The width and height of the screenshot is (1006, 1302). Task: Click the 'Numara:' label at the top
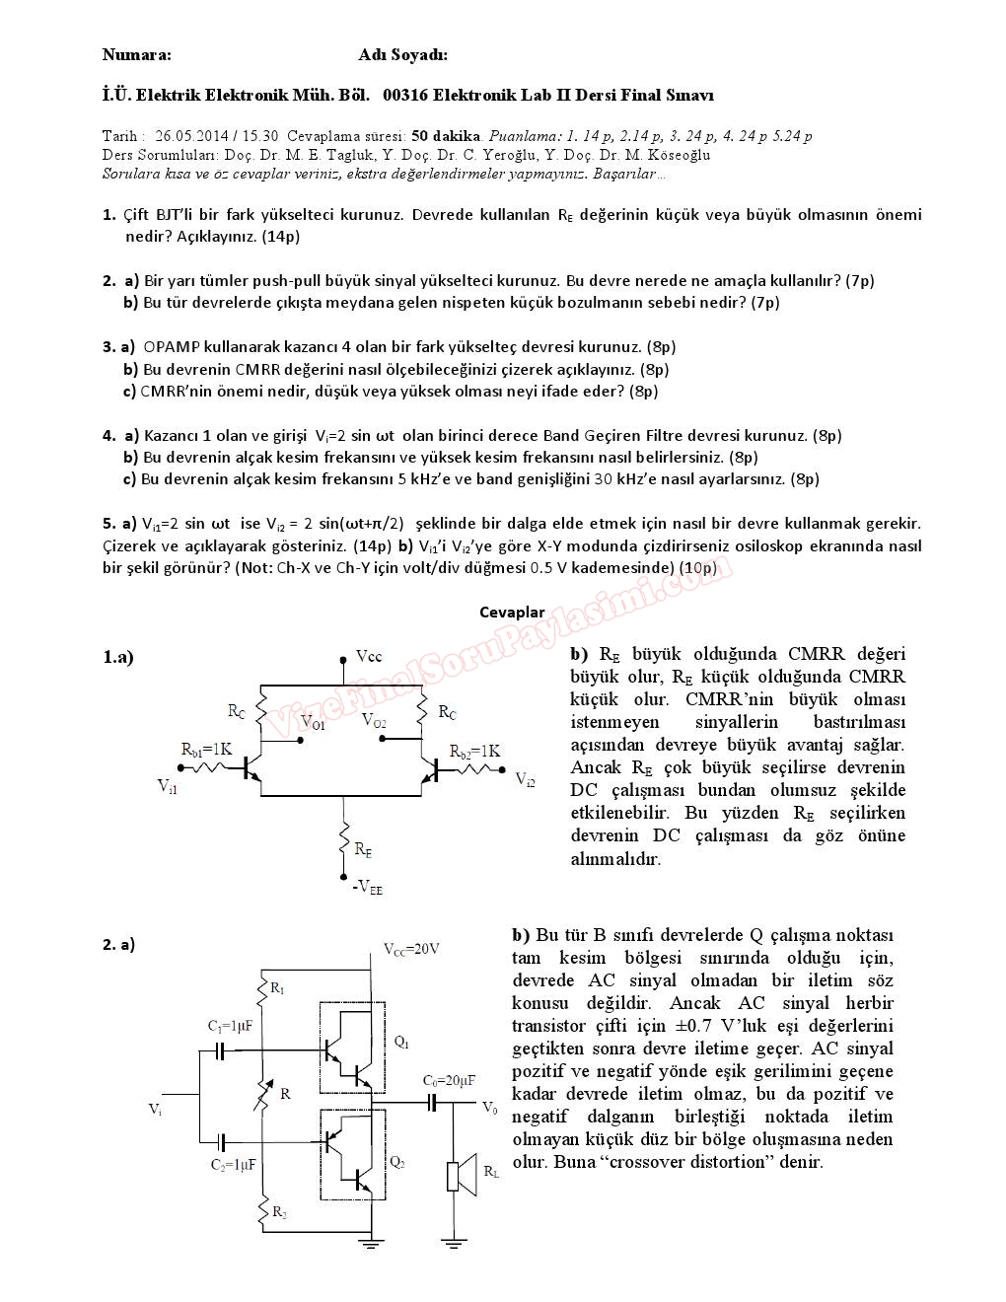(x=136, y=55)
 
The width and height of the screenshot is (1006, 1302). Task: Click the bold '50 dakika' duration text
(x=446, y=136)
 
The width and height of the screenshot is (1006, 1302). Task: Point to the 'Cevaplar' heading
(x=512, y=613)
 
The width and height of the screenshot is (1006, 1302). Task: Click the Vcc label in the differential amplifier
(x=369, y=657)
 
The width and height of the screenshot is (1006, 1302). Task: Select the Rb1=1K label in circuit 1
(x=206, y=749)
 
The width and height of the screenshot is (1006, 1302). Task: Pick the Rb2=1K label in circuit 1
(x=474, y=752)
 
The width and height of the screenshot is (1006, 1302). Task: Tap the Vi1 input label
(x=168, y=786)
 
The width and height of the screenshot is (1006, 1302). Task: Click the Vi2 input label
(x=526, y=780)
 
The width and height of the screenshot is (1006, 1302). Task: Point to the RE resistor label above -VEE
(x=363, y=848)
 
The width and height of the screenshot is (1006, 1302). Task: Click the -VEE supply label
(x=367, y=887)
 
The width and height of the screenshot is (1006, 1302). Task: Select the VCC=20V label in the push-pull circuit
(x=411, y=949)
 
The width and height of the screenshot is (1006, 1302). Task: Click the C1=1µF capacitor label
(x=230, y=1026)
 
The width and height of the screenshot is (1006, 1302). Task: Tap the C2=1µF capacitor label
(x=233, y=1164)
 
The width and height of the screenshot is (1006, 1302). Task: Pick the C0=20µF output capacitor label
(x=449, y=1080)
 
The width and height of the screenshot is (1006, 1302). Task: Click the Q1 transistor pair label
(x=401, y=1042)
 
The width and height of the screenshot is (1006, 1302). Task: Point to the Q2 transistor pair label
(x=397, y=1162)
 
